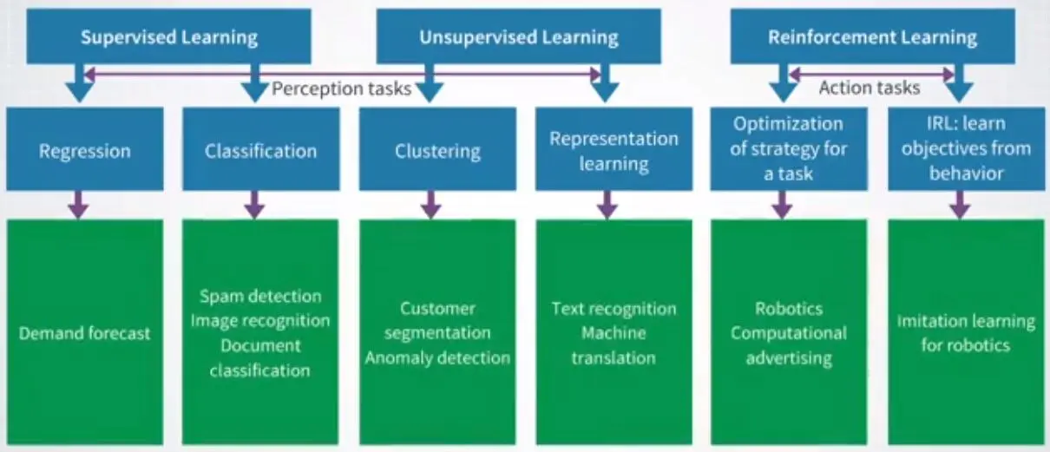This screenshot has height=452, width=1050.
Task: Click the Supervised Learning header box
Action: pyautogui.click(x=168, y=36)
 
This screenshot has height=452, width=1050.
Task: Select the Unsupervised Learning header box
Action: pyautogui.click(x=518, y=36)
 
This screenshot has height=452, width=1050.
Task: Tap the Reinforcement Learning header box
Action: pyautogui.click(x=872, y=36)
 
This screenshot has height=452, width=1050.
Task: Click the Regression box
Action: pyautogui.click(x=85, y=149)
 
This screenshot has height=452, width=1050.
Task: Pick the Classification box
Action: pyautogui.click(x=261, y=149)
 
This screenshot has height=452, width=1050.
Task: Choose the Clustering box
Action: pyautogui.click(x=438, y=149)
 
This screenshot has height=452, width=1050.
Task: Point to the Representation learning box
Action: pyautogui.click(x=614, y=149)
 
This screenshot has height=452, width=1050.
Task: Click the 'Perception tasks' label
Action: pyautogui.click(x=342, y=88)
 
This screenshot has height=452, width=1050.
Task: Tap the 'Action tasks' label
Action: pyautogui.click(x=870, y=88)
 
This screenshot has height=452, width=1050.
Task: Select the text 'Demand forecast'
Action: pyautogui.click(x=84, y=333)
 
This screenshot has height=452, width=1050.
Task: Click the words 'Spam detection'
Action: pyautogui.click(x=260, y=297)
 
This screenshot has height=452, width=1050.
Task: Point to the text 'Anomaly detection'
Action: pyautogui.click(x=437, y=358)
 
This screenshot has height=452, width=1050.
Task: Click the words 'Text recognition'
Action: pyautogui.click(x=614, y=309)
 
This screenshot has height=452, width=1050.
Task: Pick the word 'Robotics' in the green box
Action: pyautogui.click(x=789, y=309)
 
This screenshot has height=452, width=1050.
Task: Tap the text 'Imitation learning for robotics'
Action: pyautogui.click(x=966, y=333)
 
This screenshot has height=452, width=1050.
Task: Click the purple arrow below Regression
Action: pyautogui.click(x=78, y=205)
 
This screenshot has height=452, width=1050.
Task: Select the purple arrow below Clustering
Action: pyautogui.click(x=430, y=205)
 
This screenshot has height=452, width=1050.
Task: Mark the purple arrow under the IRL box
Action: pyautogui.click(x=960, y=205)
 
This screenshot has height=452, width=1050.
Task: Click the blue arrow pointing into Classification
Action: pyautogui.click(x=255, y=83)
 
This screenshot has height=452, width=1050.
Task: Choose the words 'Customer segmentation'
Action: pyautogui.click(x=437, y=321)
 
